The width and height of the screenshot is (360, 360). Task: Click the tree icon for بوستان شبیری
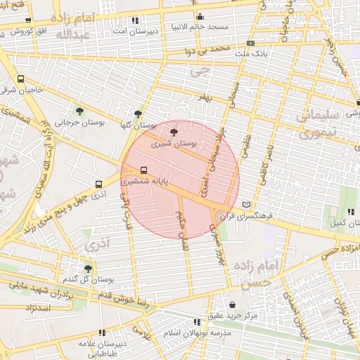(174, 131)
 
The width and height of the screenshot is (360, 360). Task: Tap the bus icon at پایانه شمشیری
(143, 169)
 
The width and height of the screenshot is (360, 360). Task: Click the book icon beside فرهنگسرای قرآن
(245, 205)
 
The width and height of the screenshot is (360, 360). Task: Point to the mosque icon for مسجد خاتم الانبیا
(200, 17)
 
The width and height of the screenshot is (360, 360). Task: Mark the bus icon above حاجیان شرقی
(20, 79)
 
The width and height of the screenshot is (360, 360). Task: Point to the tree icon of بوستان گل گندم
(88, 268)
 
